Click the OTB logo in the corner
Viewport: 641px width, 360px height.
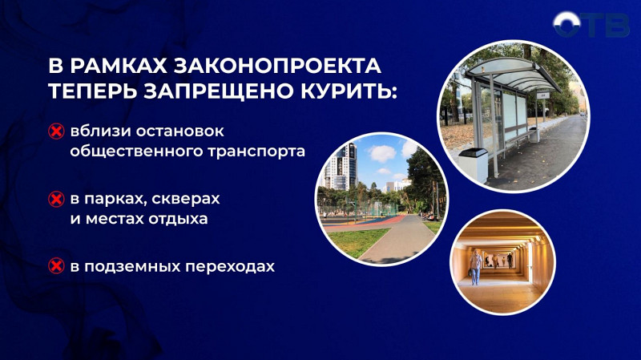pyautogui.click(x=593, y=25)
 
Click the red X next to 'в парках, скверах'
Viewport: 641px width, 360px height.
pyautogui.click(x=56, y=199)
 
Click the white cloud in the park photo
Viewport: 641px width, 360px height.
pyautogui.click(x=382, y=152)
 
